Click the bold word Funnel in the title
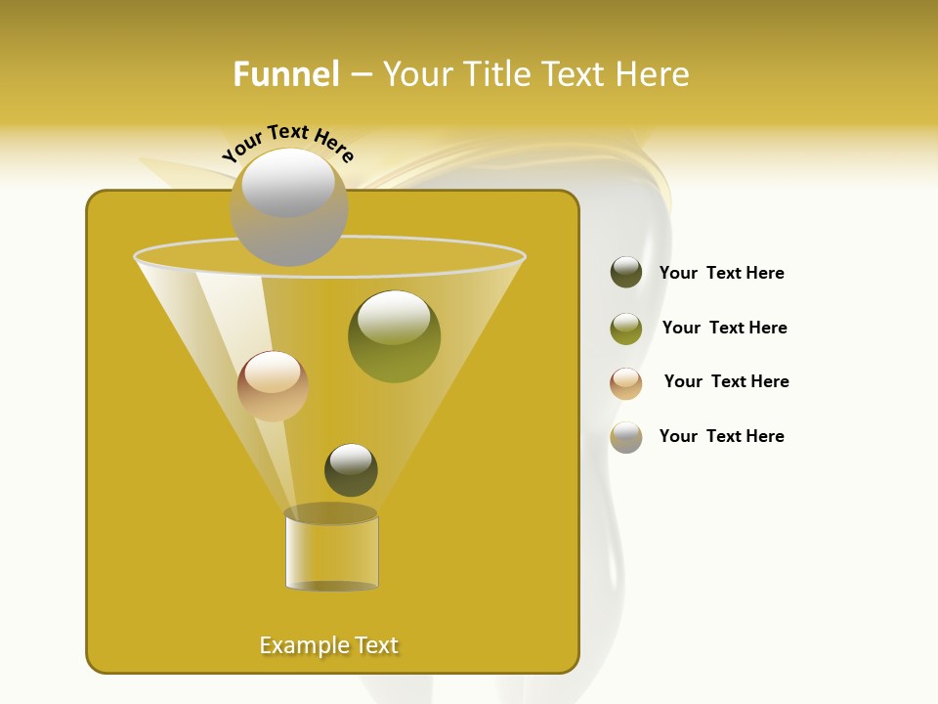pos(286,74)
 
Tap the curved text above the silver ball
pos(287,142)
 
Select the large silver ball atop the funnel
pos(289,207)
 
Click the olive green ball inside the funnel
pos(394,337)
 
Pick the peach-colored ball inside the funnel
pos(273,386)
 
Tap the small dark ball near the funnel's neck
pos(351,470)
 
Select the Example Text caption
pos(329,645)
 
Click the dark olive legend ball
pos(626,273)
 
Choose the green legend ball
pos(626,329)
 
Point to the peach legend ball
pos(626,383)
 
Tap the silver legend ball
pos(626,437)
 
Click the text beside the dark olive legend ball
pos(721,273)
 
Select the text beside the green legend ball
pos(724,328)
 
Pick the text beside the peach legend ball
pos(726,381)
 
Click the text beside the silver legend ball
pos(721,436)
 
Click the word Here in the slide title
pos(654,74)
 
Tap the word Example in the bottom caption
pos(302,645)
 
